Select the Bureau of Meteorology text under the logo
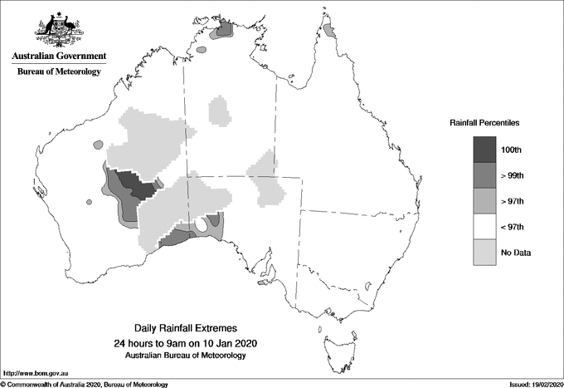tap(59, 71)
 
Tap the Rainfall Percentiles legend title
tap(484, 123)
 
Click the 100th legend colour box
tap(485, 149)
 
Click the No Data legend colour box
tap(485, 252)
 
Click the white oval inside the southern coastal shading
tap(201, 225)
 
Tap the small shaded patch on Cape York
tap(329, 30)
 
